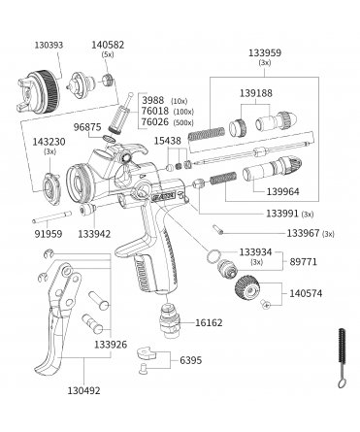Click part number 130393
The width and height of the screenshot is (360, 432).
(x=49, y=45)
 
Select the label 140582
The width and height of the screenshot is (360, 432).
(x=108, y=45)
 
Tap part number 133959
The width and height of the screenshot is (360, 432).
(x=265, y=52)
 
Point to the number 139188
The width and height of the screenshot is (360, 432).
(x=256, y=93)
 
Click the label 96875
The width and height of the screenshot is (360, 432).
(x=87, y=127)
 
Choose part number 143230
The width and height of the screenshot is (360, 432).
(x=49, y=142)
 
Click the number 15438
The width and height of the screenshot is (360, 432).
(x=167, y=141)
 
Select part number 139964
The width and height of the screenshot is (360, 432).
(x=283, y=191)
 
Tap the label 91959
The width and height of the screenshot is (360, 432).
(x=49, y=234)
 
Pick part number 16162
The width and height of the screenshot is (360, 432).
(x=209, y=322)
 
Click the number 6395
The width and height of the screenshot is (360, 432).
(x=191, y=360)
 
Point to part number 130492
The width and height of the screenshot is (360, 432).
(x=83, y=390)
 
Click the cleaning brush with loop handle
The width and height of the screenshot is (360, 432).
(x=341, y=358)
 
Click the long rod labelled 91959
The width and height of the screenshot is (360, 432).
(x=52, y=217)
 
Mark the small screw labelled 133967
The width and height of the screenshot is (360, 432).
(x=218, y=229)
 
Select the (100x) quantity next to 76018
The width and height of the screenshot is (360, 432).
(x=183, y=113)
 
